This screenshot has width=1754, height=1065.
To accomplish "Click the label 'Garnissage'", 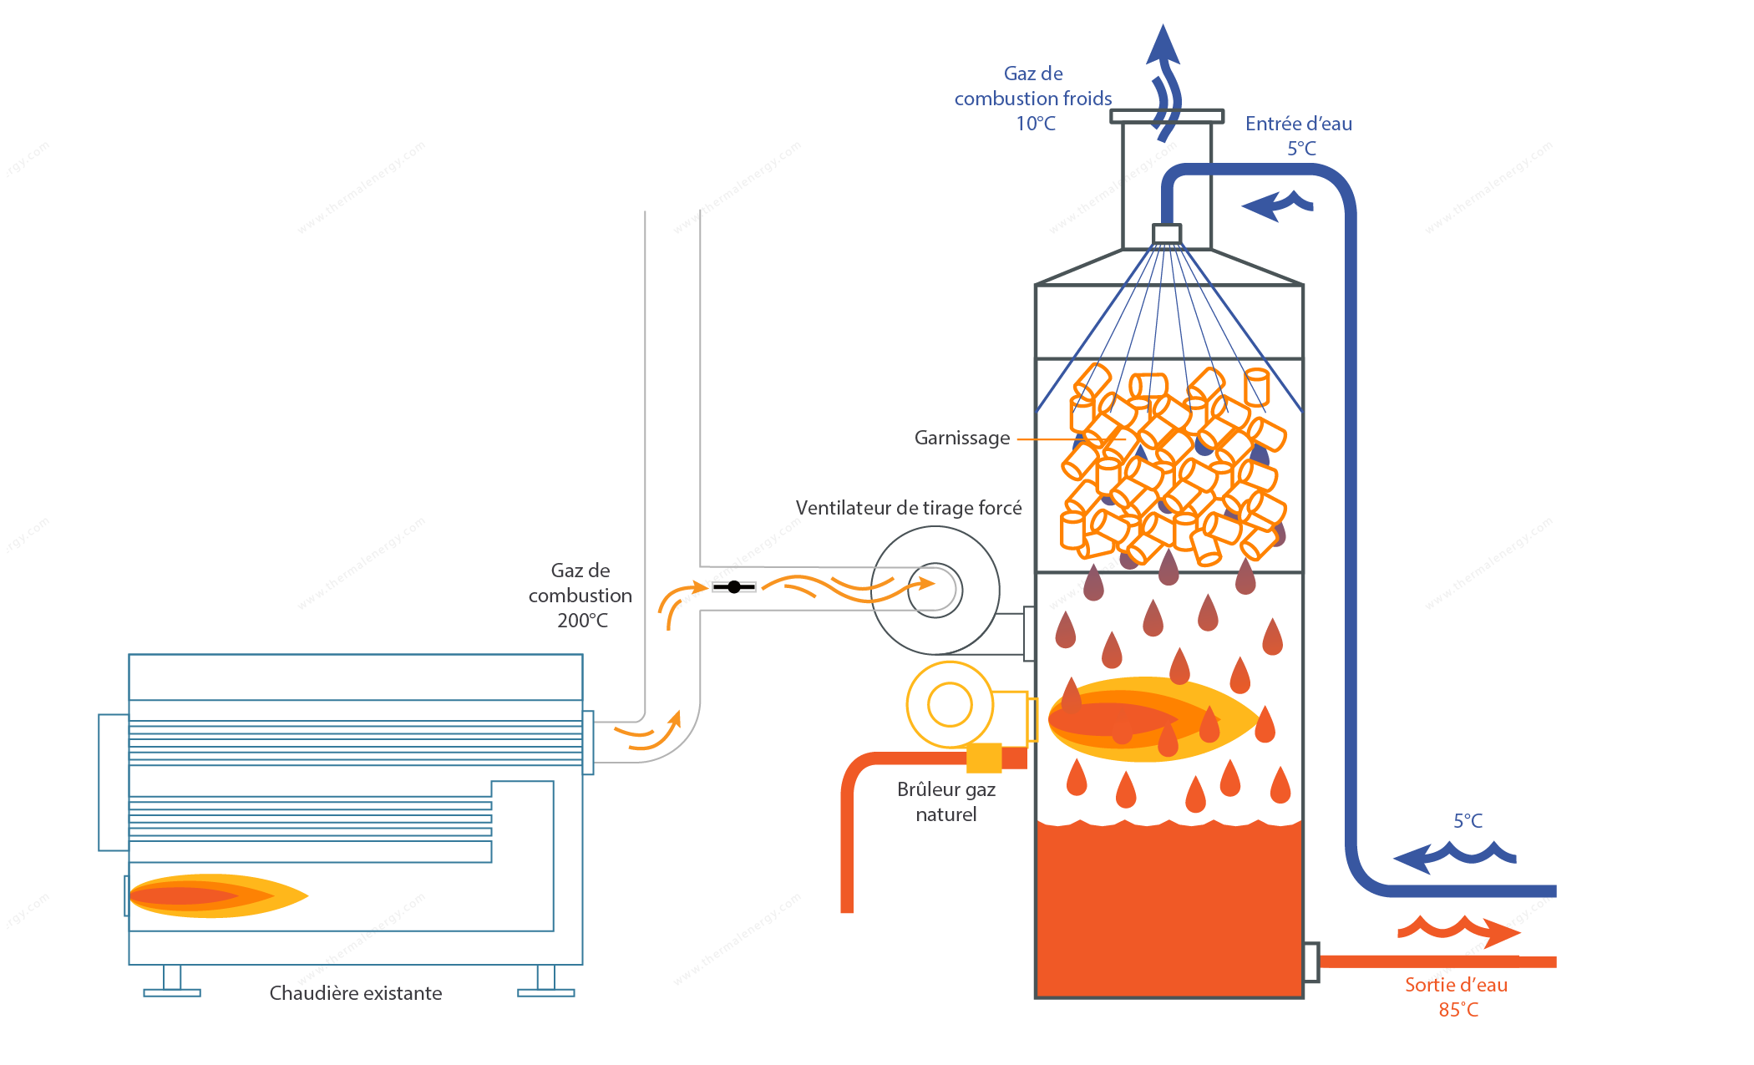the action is [x=962, y=439].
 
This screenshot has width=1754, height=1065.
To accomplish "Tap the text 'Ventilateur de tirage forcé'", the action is [x=909, y=508].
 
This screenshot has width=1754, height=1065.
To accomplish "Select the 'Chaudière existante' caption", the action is [x=356, y=993].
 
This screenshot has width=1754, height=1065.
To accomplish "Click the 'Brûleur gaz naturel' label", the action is [x=946, y=802].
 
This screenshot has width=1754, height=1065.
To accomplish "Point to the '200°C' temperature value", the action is [x=582, y=621].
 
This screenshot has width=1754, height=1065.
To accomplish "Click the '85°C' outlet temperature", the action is [x=1458, y=1010].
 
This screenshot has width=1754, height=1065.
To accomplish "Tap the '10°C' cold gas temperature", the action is [x=1036, y=124].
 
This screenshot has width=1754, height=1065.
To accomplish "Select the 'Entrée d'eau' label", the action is [x=1299, y=124].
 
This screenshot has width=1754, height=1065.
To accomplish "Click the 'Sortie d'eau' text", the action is [x=1456, y=985].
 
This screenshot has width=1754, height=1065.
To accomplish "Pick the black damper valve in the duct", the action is [x=734, y=587].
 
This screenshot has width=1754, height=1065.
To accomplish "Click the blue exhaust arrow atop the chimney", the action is [x=1164, y=82].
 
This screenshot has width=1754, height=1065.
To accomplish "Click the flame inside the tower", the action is [x=1153, y=719].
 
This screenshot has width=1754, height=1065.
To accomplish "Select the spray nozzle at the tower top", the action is [x=1167, y=234].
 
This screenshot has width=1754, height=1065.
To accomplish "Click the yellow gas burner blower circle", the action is [x=950, y=704].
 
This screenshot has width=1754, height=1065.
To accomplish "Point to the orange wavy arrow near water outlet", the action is [x=1458, y=929].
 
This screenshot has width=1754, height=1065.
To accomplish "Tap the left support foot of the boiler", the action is [x=172, y=981].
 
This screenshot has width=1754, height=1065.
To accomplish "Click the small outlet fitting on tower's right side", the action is [x=1311, y=962].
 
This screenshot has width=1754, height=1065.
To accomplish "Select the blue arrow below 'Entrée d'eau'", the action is [x=1277, y=205].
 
